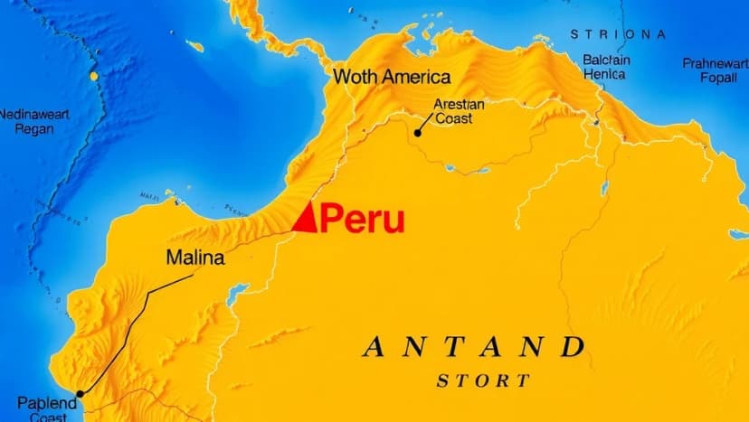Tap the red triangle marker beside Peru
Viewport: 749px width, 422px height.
[308, 218]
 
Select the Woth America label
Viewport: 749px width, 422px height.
[392, 77]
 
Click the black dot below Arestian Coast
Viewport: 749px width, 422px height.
[418, 133]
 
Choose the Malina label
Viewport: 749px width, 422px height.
[195, 258]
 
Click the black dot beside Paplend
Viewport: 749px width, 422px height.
[81, 394]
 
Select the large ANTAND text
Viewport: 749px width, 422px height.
[473, 346]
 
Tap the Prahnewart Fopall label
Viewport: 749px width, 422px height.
[716, 70]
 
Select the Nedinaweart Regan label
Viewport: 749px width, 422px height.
[33, 121]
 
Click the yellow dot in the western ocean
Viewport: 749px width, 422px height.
[93, 77]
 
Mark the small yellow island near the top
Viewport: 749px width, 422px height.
[194, 45]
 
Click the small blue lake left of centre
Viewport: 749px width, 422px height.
[237, 294]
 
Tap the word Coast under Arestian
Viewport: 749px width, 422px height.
[453, 118]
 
